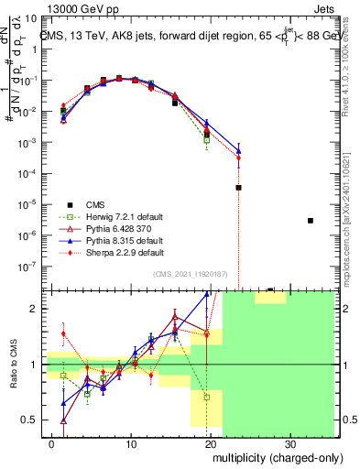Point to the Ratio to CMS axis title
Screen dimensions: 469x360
(x=14, y=365)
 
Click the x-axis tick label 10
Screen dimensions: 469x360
(x=133, y=443)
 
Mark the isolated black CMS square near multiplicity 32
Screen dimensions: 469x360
(x=311, y=221)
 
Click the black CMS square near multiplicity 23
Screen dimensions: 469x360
(x=238, y=188)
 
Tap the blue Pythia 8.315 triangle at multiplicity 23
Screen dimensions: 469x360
(x=238, y=150)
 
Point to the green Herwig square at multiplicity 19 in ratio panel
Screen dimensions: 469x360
(x=207, y=398)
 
